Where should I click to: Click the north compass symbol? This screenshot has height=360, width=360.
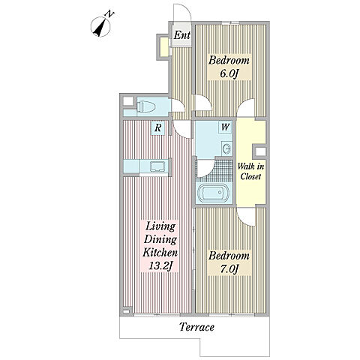(x=100, y=27)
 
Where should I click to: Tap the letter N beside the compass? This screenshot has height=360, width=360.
(x=109, y=13)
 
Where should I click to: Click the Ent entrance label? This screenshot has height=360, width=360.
(x=182, y=35)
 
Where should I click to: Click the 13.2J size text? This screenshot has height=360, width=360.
(x=160, y=265)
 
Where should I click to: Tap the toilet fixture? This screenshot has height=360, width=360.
(x=146, y=106)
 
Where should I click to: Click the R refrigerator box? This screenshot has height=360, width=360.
(x=157, y=127)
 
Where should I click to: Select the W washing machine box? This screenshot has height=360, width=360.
(x=225, y=127)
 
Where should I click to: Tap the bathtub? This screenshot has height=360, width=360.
(x=213, y=193)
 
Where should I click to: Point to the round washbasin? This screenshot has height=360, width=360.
(x=227, y=148)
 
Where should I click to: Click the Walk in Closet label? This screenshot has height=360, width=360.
(x=250, y=171)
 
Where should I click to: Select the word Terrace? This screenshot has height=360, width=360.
(x=196, y=327)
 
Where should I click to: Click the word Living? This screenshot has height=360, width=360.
(x=160, y=226)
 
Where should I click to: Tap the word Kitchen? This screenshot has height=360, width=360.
(x=160, y=252)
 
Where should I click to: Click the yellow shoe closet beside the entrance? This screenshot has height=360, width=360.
(x=164, y=47)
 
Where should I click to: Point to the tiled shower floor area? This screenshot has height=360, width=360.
(x=214, y=170)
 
